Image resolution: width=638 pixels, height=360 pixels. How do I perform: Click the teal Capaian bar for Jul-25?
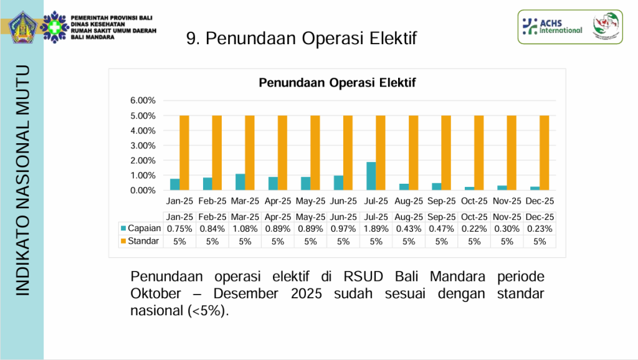371,176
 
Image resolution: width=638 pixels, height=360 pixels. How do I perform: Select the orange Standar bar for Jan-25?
184,153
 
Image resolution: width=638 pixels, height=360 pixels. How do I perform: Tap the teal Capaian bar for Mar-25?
240,182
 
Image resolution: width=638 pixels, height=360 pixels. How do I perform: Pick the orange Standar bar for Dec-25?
544,153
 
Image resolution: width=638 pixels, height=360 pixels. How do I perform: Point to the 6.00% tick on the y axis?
142,101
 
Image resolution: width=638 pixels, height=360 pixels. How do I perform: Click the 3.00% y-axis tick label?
142,146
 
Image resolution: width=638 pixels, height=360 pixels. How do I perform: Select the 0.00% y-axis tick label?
142,191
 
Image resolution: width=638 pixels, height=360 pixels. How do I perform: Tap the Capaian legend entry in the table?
140,229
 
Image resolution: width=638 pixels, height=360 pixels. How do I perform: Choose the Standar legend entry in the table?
139,241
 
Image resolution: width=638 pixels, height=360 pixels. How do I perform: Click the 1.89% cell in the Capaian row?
376,229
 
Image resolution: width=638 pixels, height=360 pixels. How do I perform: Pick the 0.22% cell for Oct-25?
474,229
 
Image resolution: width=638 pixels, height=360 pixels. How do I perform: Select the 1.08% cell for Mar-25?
245,229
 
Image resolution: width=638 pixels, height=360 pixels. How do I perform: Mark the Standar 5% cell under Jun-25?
343,242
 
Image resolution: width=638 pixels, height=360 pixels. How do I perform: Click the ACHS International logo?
552,26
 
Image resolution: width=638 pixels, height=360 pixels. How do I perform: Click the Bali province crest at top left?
22,27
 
